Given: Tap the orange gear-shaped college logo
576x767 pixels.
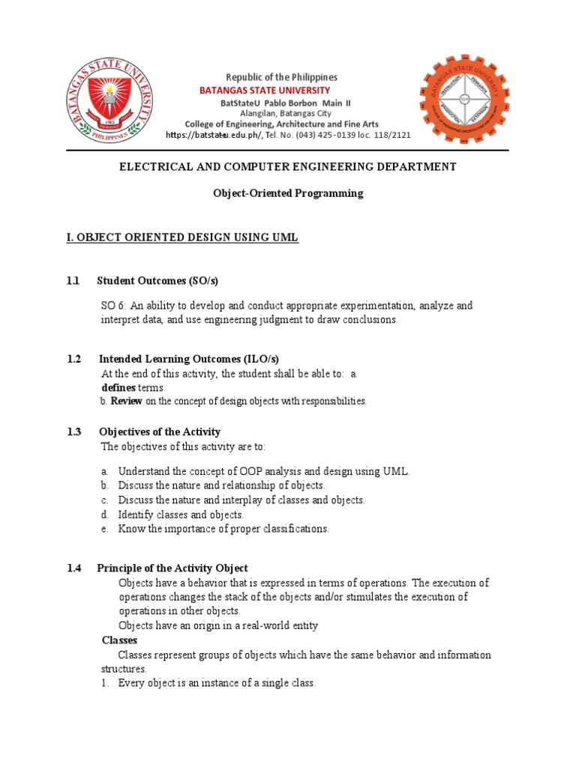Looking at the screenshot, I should [463, 100].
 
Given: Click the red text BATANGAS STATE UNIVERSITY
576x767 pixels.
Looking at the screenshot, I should [264, 91].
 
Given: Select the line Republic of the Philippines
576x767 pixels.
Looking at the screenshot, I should [282, 77].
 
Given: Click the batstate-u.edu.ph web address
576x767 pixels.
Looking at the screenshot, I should [213, 135].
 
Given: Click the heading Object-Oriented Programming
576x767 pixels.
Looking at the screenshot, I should [288, 193].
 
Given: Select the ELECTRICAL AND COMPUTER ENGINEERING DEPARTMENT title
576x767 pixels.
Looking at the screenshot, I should [288, 166].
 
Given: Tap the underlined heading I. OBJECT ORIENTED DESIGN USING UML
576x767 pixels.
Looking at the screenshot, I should [183, 237].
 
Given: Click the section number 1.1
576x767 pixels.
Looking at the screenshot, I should [73, 281].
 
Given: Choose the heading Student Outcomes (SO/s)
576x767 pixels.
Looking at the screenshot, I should [157, 281].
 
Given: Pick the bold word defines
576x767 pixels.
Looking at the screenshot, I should [118, 387].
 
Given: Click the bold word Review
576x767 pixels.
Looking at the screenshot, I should [127, 401].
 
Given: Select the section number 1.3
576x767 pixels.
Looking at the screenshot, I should [73, 432].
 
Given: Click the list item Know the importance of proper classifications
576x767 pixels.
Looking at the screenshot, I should [223, 529].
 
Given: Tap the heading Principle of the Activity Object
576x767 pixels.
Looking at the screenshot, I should [173, 569].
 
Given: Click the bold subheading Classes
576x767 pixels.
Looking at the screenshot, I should [119, 640].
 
